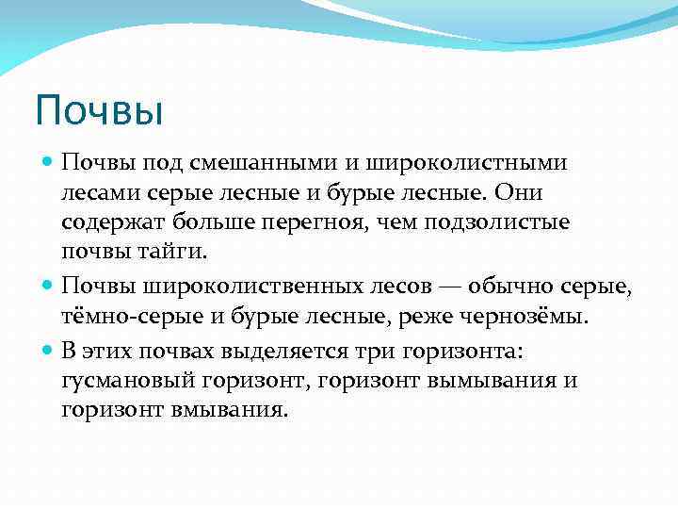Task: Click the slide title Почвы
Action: [x=100, y=110]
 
